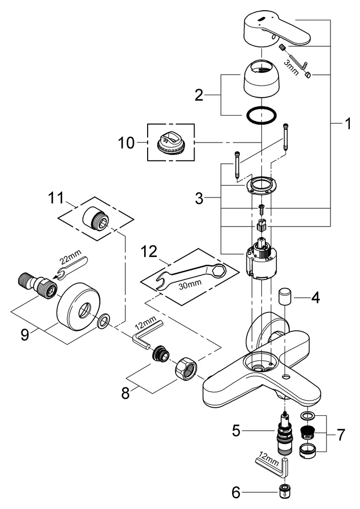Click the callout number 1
tap(347, 124)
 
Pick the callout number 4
tap(316, 297)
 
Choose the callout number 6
tap(235, 492)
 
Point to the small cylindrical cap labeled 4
tap(285, 296)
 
